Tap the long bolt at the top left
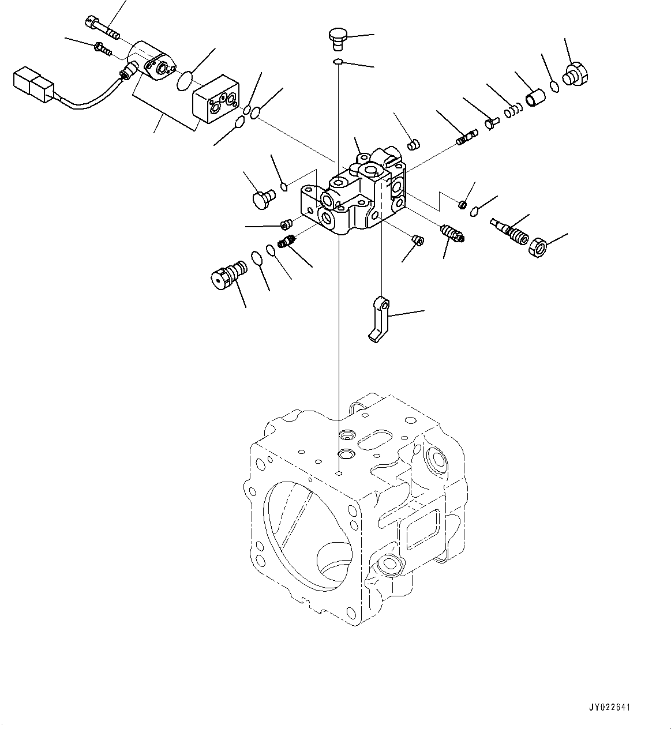point(101,28)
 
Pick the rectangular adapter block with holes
point(214,100)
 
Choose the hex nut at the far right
point(538,247)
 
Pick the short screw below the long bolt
point(102,49)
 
